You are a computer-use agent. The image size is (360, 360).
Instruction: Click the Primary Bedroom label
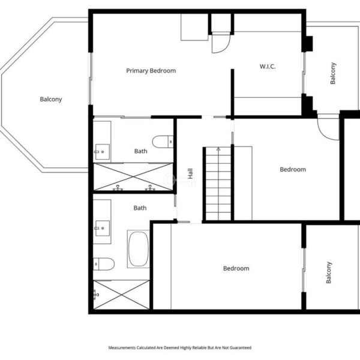pos(151,71)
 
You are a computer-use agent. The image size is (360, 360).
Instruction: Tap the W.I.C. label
pos(268,67)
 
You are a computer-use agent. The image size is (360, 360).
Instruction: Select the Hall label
pos(190,173)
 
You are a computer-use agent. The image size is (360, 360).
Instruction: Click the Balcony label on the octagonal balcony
pos(51,100)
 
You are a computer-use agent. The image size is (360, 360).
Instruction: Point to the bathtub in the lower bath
pos(138,249)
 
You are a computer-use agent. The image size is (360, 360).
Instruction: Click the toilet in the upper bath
pos(163,142)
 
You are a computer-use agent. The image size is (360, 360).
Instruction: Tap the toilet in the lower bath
pos(104,264)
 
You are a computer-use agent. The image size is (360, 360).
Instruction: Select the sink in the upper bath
pos(103,152)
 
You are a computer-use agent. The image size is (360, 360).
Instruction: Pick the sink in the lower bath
pos(103,228)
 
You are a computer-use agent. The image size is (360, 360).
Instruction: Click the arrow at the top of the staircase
pos(218,149)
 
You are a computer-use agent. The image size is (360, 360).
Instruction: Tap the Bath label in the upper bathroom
pos(141,151)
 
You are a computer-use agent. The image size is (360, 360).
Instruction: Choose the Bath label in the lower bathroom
pos(140,208)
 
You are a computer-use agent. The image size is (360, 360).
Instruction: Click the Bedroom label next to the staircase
pos(293,169)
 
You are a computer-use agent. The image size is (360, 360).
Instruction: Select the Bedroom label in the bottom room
pos(236,268)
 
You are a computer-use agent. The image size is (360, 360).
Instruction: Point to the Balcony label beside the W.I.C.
pos(333,73)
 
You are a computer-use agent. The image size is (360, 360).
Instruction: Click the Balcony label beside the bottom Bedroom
pos(329,272)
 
